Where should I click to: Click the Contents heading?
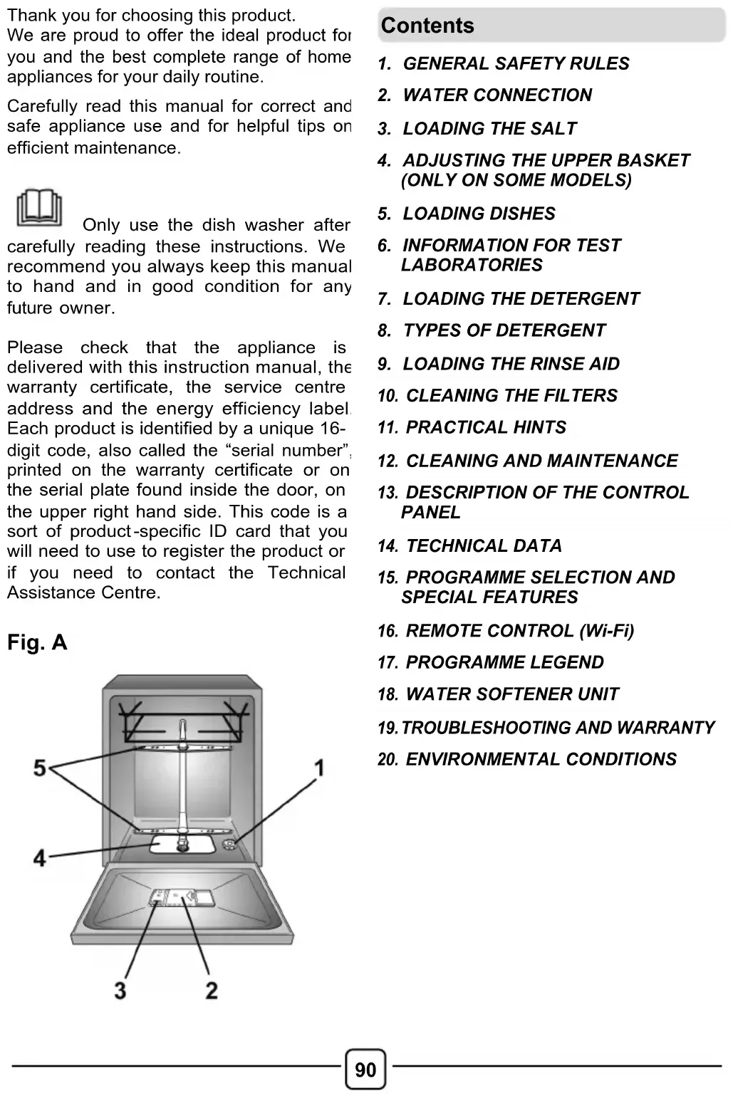pos(427,26)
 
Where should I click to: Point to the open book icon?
pos(38,207)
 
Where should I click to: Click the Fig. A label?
pos(37,643)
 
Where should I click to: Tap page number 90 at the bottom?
pos(365,1070)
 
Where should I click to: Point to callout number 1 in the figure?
pos(320,768)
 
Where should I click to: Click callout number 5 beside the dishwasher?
pos(40,768)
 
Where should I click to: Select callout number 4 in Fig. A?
pos(39,858)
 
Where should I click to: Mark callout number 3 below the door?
pos(120,990)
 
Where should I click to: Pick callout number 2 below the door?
pos(212,990)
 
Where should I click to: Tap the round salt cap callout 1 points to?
pos(229,845)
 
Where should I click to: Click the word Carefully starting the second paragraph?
pos(42,107)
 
